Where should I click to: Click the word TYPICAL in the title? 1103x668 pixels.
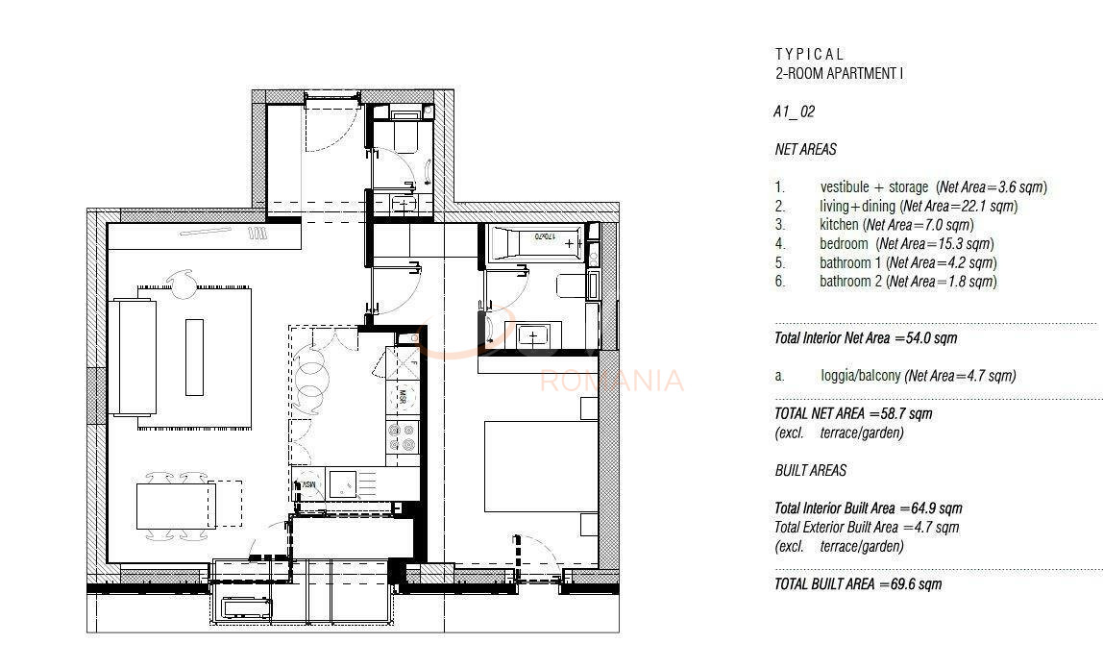809,55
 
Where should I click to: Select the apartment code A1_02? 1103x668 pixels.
794,111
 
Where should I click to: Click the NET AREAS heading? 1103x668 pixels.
805,150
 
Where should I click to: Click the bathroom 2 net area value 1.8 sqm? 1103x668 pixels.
968,282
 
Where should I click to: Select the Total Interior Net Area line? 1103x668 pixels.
865,338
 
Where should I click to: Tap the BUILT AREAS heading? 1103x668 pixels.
810,471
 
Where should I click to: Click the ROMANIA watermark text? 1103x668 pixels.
612,382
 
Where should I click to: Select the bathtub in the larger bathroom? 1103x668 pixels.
535,242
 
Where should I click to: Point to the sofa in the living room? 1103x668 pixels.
134,356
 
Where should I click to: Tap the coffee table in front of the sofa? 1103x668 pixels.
195,357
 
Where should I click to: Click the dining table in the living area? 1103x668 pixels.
174,506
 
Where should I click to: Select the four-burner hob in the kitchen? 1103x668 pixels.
404,437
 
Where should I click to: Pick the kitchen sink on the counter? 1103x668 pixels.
343,482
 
